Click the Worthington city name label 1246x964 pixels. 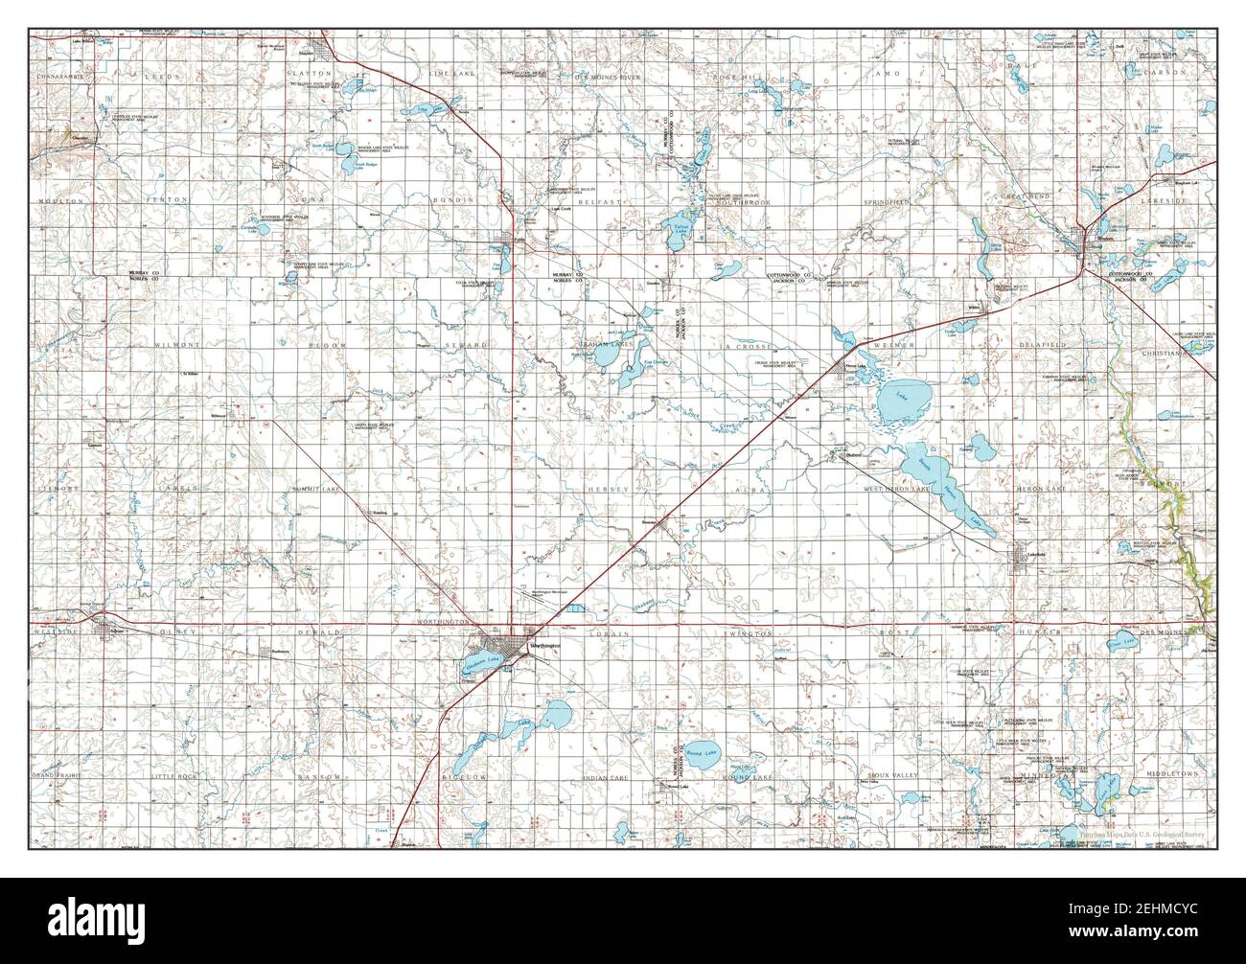[x=543, y=645]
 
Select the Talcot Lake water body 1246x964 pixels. [x=678, y=229]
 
